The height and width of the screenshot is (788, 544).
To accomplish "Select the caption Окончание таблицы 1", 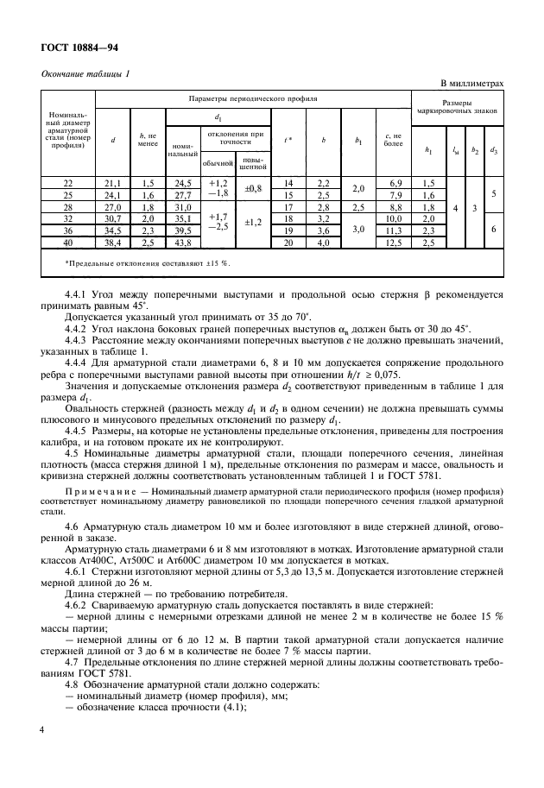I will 85,74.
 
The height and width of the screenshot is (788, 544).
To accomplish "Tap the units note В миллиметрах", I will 471,83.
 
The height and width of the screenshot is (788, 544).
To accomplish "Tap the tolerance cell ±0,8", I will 253,186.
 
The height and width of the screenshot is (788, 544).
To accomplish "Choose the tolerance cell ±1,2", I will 253,222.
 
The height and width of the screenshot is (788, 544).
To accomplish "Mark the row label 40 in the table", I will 68,244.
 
